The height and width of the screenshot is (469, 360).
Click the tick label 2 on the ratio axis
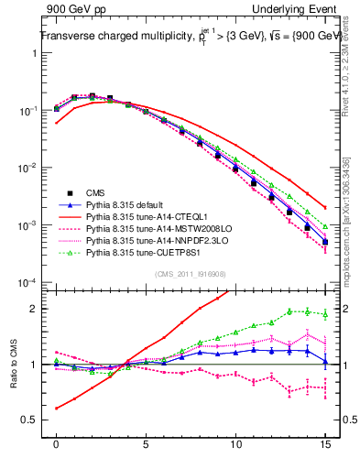coord(32,308)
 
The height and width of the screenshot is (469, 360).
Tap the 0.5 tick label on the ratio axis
coord(28,421)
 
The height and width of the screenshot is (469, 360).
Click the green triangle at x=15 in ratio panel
coord(325,313)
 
